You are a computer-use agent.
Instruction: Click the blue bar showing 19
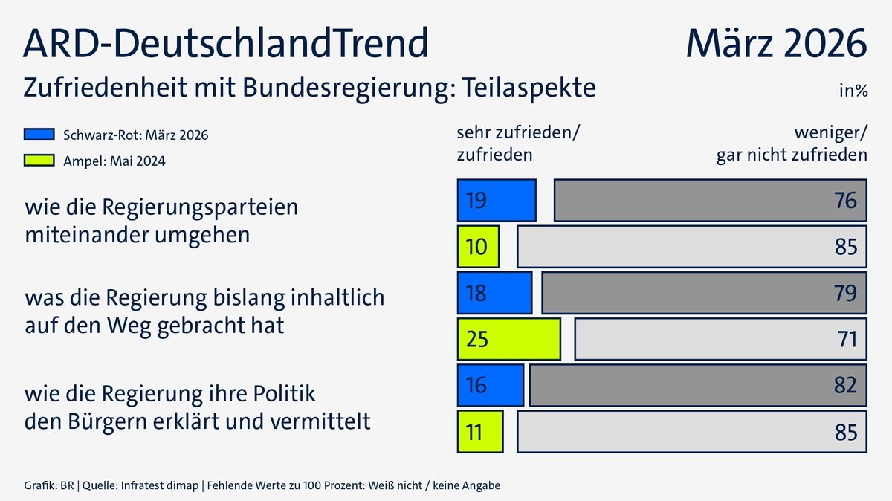(497, 200)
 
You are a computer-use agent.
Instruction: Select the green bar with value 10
(478, 246)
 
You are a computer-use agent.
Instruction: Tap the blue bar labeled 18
(494, 292)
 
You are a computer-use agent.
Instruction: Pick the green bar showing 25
(508, 339)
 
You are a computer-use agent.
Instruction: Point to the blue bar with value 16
(491, 385)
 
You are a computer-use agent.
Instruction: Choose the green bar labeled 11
(480, 431)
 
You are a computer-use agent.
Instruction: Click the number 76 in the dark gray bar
(845, 201)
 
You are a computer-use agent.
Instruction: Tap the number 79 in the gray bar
(845, 293)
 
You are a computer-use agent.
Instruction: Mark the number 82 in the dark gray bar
(845, 386)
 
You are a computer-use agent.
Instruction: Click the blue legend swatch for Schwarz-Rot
(39, 135)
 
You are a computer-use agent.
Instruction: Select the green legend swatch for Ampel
(39, 160)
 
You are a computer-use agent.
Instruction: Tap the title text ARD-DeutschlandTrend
(226, 43)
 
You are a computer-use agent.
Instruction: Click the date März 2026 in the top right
(776, 43)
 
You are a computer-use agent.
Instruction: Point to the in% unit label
(853, 91)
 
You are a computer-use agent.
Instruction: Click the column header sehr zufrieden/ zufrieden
(517, 143)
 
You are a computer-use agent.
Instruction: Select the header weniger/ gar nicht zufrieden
(791, 143)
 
